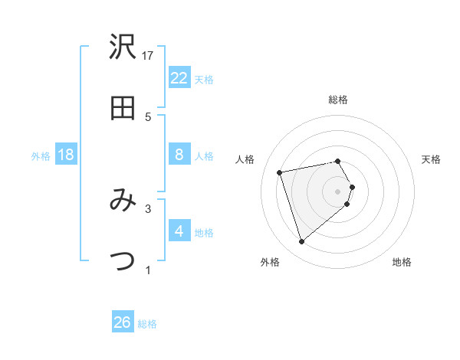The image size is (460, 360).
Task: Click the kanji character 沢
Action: pos(123,48)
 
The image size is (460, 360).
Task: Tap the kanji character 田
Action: pos(123,109)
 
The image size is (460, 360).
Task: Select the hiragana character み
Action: pos(123,201)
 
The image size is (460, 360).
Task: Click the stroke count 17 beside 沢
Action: pos(149,55)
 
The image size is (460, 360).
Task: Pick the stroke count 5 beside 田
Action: pos(149,116)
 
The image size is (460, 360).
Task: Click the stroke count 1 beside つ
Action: pos(149,270)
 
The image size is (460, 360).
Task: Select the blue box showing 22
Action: pos(179,78)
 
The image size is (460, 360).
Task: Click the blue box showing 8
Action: pos(179,155)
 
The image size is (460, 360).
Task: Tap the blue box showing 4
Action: pos(179,231)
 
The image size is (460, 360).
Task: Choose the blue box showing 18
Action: pos(66,155)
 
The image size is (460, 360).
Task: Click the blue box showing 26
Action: pos(123,323)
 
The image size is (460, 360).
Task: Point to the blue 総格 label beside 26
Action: pos(147,324)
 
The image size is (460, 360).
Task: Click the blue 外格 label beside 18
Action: pos(41,156)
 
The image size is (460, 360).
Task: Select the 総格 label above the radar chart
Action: pos(338,100)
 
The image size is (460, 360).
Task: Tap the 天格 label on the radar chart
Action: pos(432,159)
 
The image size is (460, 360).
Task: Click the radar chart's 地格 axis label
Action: pos(402,262)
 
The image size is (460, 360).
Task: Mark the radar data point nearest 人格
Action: pos(280,172)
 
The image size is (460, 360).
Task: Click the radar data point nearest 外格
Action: pos(301,242)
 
